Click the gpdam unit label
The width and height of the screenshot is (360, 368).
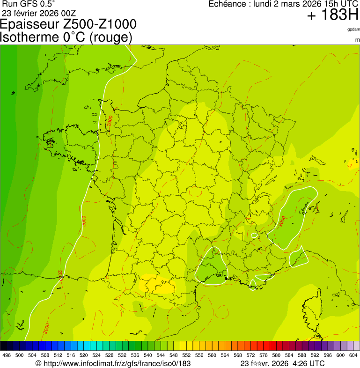353,29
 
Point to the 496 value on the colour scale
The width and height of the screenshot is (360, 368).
7,355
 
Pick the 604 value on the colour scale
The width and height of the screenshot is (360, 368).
353,355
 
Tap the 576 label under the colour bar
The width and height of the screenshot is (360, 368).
264,355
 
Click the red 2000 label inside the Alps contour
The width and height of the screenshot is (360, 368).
283,221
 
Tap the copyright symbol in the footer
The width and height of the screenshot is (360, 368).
38,363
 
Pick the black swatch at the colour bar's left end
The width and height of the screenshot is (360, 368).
4,346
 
